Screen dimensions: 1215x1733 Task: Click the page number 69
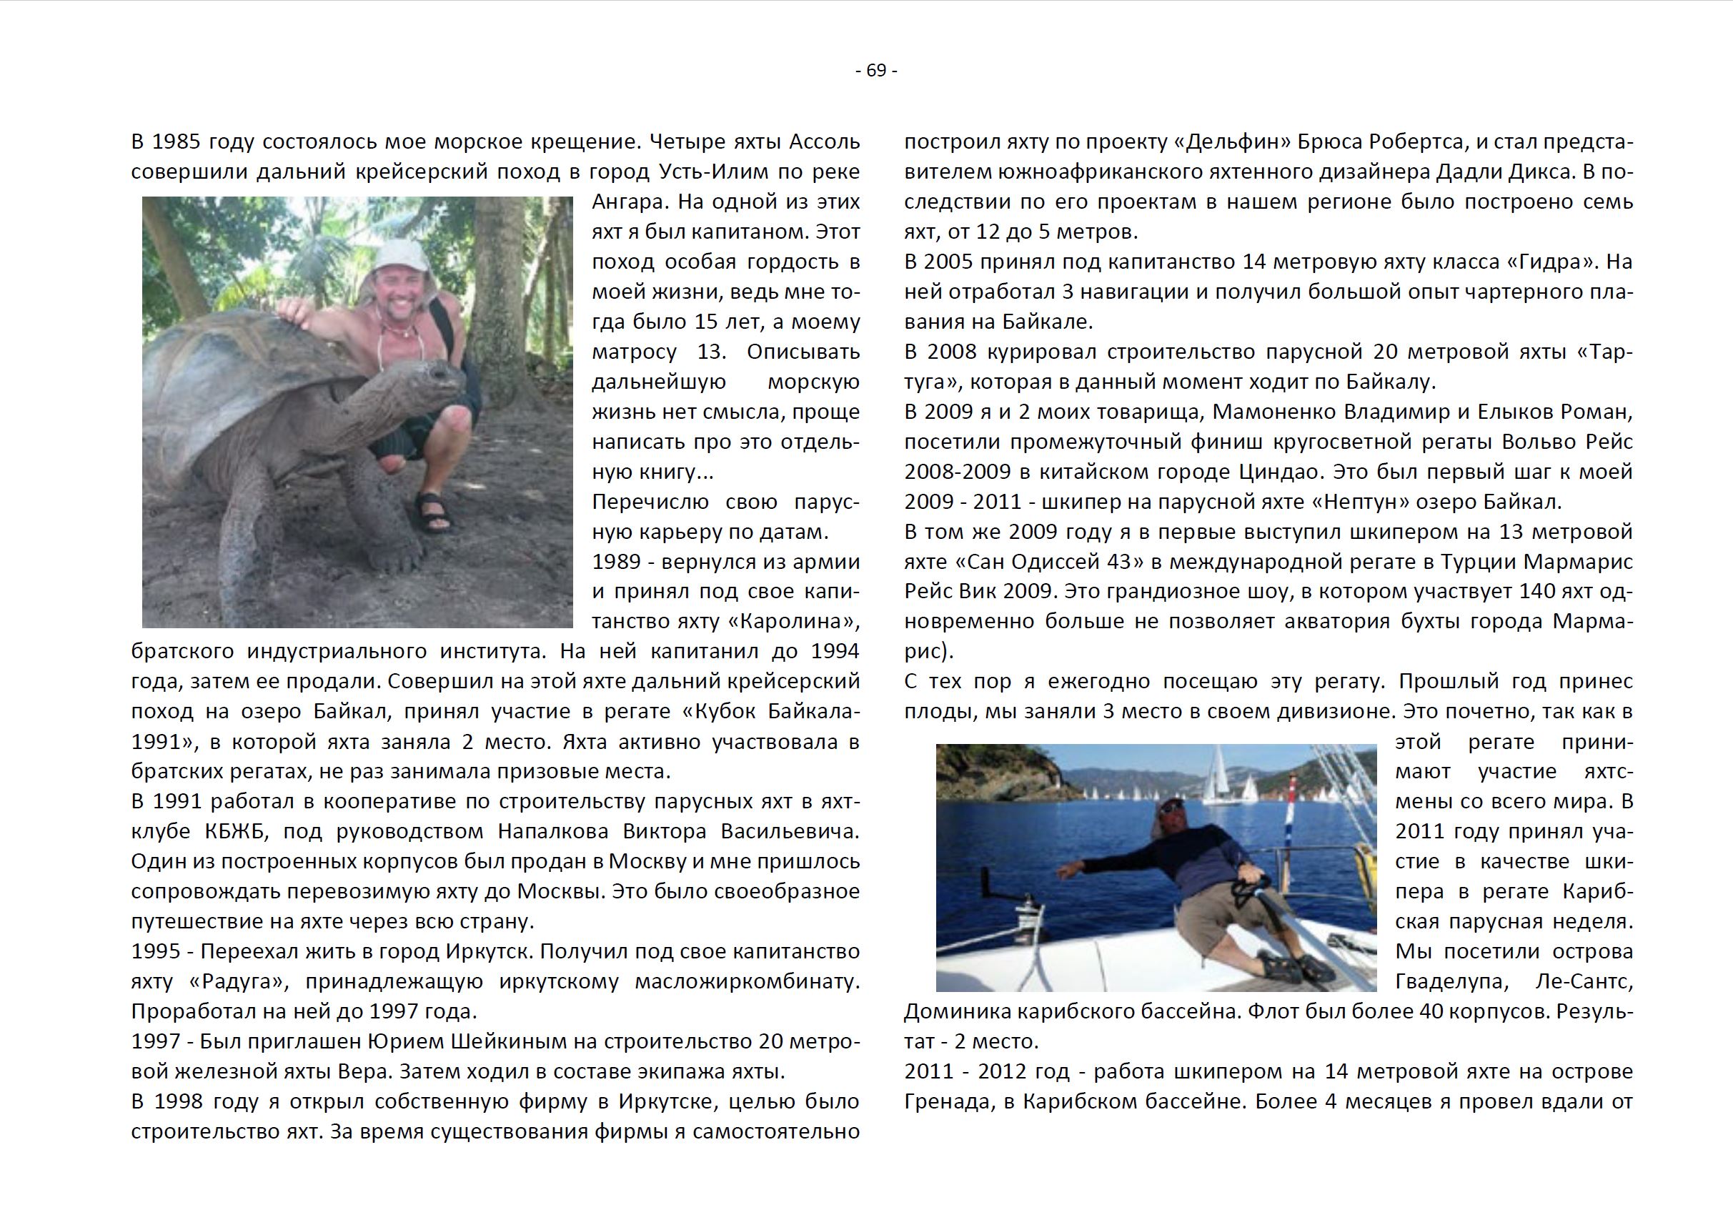(876, 71)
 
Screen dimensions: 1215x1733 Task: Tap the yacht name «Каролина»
(797, 621)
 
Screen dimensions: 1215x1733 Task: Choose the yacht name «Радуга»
(238, 982)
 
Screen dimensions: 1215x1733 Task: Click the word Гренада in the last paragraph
(948, 1102)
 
